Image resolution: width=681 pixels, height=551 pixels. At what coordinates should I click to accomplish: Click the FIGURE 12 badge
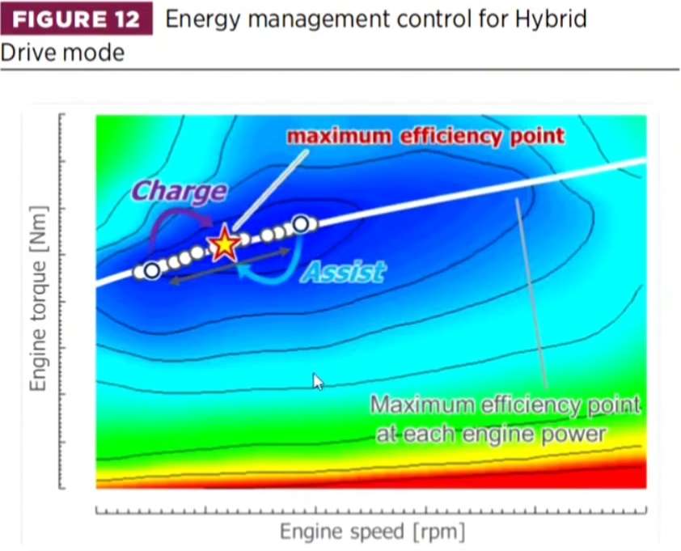[77, 19]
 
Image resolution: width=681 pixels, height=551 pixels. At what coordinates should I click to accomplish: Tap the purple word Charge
[179, 191]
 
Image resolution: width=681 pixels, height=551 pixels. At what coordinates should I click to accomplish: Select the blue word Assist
[343, 272]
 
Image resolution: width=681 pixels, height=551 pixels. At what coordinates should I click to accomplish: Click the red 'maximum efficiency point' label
[425, 136]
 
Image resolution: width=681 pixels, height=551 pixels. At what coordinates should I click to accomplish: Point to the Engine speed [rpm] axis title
[372, 532]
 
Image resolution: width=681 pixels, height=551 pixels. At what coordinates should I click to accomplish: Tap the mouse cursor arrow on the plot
[318, 382]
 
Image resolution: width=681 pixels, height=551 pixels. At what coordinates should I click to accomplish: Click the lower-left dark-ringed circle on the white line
[151, 271]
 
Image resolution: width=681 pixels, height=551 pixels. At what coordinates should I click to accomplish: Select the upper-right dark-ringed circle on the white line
[301, 224]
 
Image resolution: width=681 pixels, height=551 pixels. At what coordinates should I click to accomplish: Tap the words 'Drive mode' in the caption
[62, 53]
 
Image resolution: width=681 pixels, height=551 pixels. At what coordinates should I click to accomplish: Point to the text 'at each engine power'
[491, 434]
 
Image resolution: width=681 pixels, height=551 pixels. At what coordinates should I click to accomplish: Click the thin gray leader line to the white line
[531, 292]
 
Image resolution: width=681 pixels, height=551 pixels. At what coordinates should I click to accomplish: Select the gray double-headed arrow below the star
[230, 266]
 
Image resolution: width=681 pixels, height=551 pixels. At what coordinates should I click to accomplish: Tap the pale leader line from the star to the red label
[271, 190]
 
